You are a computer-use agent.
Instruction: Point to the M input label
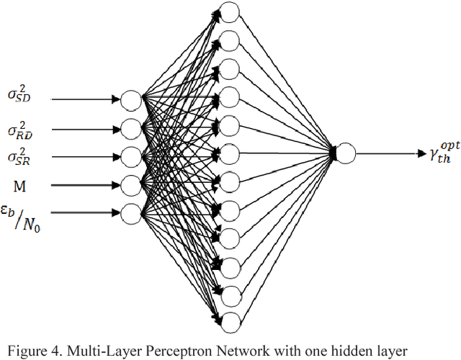point(19,186)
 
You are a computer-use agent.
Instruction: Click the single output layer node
point(346,153)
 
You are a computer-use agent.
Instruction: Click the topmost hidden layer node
point(228,11)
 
